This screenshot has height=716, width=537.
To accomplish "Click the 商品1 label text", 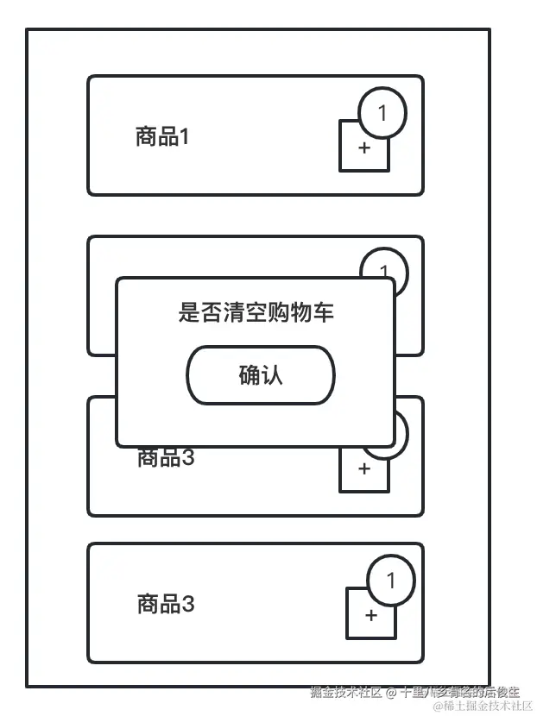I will pos(161,136).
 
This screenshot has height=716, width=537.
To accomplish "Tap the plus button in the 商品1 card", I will pos(363,148).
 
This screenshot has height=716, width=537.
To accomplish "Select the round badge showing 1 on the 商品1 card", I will pos(382,111).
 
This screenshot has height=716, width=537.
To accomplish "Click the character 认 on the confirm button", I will pos(272,375).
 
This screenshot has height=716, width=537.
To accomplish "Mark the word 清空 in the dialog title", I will pos(243,312).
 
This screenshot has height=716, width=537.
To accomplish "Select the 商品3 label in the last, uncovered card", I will pos(166,604).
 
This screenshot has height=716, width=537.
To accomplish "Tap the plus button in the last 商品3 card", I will pos(371,615).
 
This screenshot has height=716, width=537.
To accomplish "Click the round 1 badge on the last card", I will pos(390,581).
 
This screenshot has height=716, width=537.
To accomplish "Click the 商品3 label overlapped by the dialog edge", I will pos(166,458).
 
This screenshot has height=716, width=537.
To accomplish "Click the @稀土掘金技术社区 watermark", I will pos(483,707).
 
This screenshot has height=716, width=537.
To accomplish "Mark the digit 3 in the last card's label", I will pos(188,604).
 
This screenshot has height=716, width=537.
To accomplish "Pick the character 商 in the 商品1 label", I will pos(144,136).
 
